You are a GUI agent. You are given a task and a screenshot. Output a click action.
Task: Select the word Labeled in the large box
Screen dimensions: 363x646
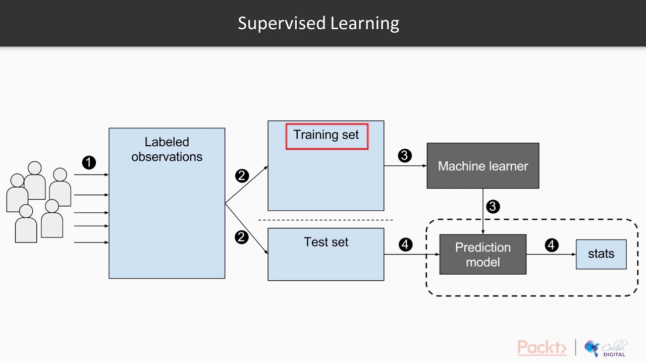click(x=167, y=142)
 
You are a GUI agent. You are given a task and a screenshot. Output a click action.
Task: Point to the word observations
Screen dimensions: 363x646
click(x=167, y=157)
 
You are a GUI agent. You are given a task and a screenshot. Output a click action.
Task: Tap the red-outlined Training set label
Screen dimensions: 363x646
click(x=327, y=136)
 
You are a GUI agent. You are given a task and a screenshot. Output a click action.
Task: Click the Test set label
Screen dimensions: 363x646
click(x=326, y=242)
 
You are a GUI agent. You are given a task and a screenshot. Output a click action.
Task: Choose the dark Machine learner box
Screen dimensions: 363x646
click(x=482, y=166)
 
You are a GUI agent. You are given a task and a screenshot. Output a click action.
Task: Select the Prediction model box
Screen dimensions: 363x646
click(x=482, y=255)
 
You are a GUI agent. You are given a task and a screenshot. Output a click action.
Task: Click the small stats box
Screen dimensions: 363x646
click(x=601, y=254)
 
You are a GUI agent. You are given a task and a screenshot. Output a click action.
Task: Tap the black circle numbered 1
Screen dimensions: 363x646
click(x=89, y=162)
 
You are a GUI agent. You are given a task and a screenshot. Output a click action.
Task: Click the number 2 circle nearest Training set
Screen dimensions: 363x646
click(x=242, y=176)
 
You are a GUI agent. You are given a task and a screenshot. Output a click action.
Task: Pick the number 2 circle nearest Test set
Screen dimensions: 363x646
click(x=242, y=237)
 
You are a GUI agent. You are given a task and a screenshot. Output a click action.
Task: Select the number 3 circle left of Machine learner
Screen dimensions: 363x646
click(x=405, y=156)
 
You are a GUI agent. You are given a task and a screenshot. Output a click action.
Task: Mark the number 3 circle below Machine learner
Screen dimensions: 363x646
click(x=493, y=207)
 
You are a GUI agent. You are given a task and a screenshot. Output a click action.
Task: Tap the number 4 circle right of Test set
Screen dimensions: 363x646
click(x=405, y=245)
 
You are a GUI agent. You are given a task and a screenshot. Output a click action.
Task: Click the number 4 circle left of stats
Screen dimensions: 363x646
click(x=552, y=245)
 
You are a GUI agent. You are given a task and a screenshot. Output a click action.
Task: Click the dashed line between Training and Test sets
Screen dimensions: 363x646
click(x=326, y=220)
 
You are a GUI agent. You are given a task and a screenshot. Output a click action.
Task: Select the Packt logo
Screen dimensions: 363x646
click(x=542, y=347)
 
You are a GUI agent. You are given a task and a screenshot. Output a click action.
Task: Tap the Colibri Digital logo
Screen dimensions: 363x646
click(x=606, y=348)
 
